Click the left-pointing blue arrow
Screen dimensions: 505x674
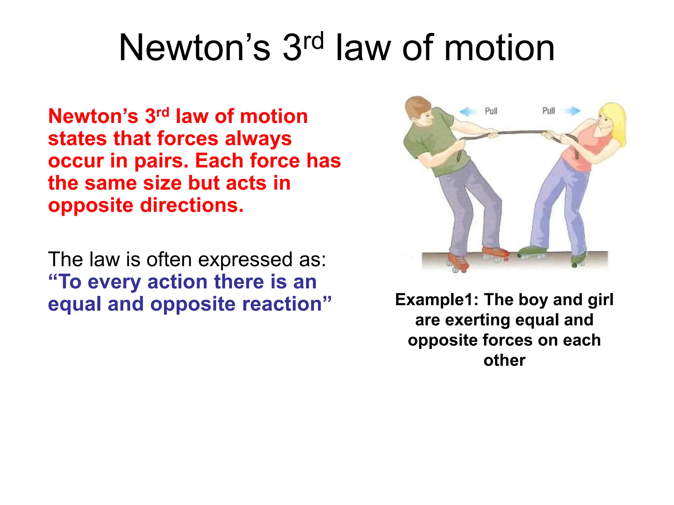[468, 111]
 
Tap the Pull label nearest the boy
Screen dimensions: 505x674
[491, 111]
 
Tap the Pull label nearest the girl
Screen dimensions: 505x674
[549, 110]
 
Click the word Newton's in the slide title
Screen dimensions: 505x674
[194, 48]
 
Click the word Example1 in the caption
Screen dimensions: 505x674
[436, 300]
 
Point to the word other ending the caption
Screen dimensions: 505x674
[504, 360]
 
